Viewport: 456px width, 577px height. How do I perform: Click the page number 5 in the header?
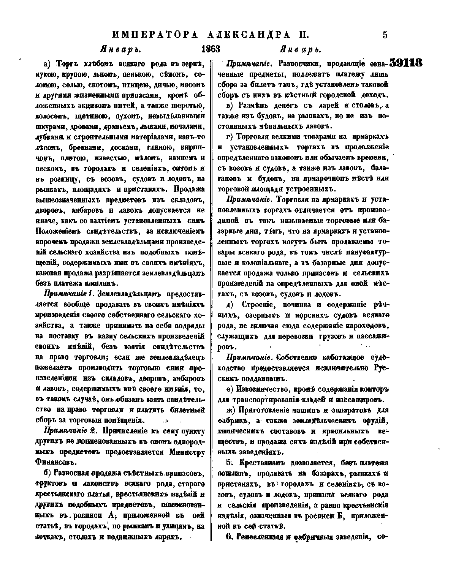(385, 35)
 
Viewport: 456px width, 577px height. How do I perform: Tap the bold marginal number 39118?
(406, 63)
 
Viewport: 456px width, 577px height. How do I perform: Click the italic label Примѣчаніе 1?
(69, 294)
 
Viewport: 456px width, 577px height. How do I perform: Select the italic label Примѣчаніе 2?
(69, 432)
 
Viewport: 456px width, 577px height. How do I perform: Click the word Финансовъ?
(55, 463)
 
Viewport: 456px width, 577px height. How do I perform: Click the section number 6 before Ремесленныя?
(228, 537)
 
